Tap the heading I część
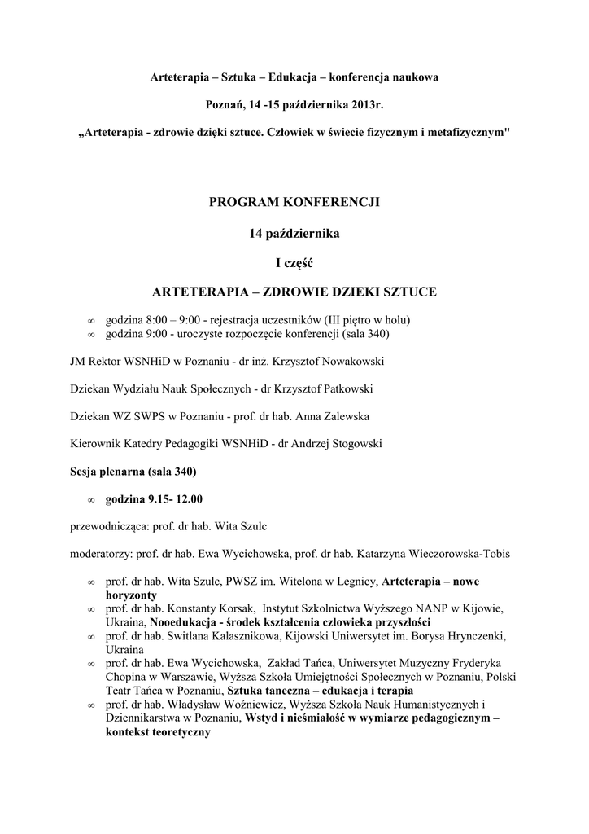coord(294,262)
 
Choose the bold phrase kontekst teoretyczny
coord(158,732)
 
